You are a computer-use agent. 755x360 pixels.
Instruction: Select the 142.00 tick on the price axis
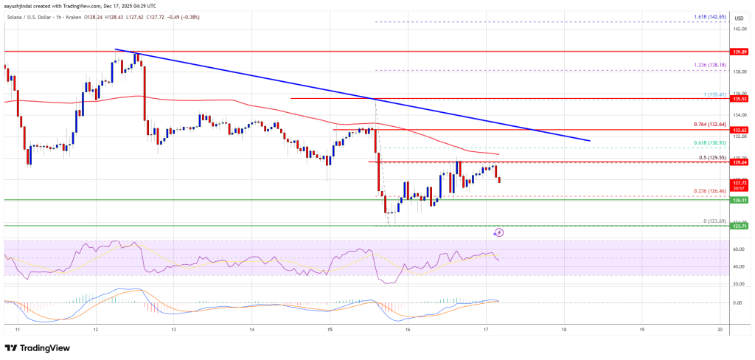[737, 29]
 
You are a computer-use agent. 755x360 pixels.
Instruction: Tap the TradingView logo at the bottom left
[36, 347]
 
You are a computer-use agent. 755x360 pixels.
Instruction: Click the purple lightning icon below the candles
[498, 232]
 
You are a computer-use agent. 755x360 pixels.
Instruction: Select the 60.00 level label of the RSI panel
[737, 249]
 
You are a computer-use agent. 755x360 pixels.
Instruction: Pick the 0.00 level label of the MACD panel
[737, 302]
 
